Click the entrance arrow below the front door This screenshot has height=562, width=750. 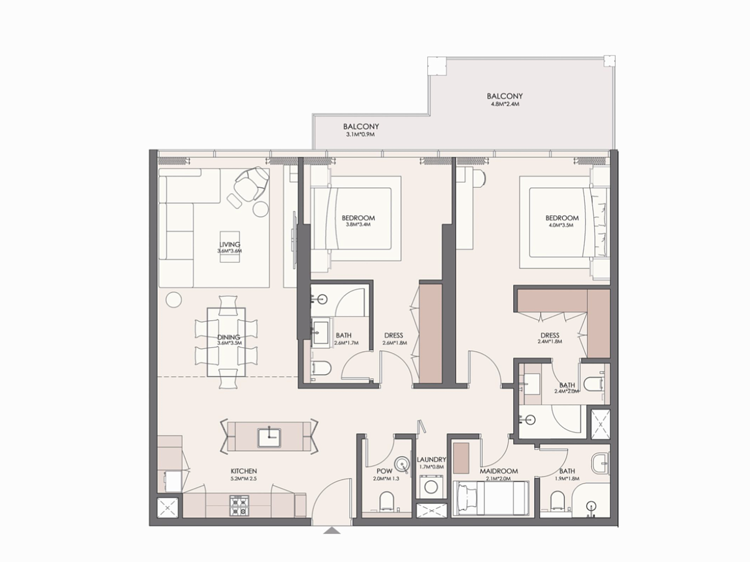tap(332, 530)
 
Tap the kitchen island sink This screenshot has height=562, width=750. tap(269, 438)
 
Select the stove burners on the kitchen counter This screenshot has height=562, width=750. tap(239, 505)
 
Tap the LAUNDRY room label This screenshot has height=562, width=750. tap(431, 459)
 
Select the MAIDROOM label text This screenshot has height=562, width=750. tap(499, 471)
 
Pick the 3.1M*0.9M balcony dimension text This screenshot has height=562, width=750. tap(360, 135)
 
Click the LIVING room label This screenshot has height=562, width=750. tap(229, 244)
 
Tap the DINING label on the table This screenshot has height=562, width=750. tap(229, 337)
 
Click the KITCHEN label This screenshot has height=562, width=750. tap(244, 471)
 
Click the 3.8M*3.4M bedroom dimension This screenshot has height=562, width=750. tap(358, 225)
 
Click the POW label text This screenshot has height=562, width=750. tap(384, 471)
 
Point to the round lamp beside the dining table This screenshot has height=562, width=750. tap(174, 300)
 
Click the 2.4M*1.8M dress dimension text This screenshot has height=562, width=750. tap(550, 341)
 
